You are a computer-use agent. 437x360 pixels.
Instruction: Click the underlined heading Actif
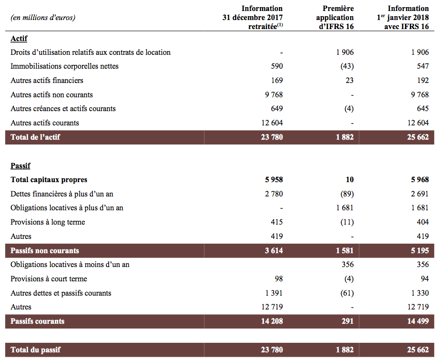tap(19, 38)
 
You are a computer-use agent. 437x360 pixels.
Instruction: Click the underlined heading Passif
tap(20, 165)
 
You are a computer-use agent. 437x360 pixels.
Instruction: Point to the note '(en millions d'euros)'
tap(43, 18)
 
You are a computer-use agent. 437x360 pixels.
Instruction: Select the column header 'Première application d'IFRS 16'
tap(335, 17)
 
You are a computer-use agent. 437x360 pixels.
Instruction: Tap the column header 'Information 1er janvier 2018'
tap(403, 17)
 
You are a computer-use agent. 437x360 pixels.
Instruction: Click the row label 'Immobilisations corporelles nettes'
tap(64, 66)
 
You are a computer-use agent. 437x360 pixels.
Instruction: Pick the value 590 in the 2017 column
tap(277, 66)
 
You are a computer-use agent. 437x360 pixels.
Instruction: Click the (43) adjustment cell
tap(347, 66)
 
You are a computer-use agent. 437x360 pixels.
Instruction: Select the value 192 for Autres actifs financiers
tap(423, 80)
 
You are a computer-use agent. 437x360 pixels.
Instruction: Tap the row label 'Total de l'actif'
tap(35, 137)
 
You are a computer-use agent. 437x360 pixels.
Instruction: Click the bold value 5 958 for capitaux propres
tap(274, 180)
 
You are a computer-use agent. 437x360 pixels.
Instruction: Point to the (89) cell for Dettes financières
tap(347, 194)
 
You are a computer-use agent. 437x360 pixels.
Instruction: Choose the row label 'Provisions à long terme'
tap(48, 222)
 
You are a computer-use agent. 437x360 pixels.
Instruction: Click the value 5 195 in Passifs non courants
tap(420, 250)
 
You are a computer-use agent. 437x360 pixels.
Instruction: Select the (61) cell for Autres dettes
tap(347, 293)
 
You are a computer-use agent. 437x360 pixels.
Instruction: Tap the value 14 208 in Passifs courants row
tap(272, 321)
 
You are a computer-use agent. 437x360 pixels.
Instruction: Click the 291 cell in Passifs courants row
tap(347, 321)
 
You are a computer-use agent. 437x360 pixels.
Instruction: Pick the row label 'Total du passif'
tap(35, 350)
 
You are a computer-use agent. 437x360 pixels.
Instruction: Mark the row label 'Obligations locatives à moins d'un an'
tap(70, 264)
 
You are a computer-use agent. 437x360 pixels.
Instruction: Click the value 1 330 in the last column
tap(420, 293)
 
